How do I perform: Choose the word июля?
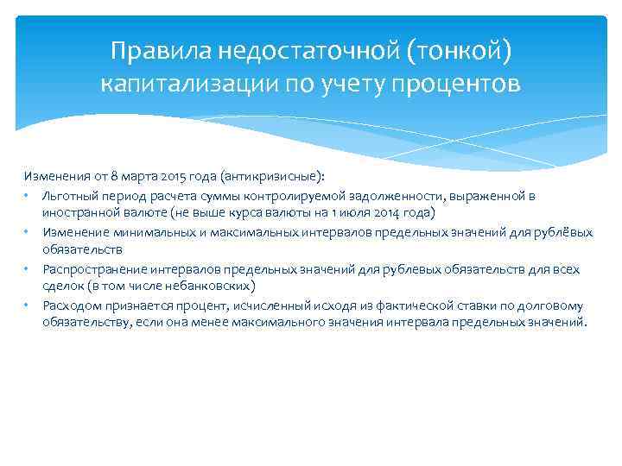tap(355, 212)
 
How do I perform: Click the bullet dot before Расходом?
tap(28, 306)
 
